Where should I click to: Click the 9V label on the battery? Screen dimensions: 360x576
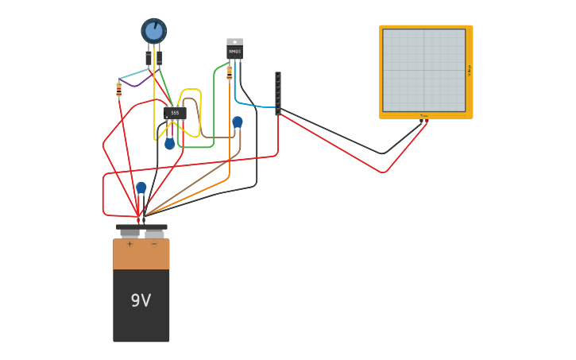(x=141, y=300)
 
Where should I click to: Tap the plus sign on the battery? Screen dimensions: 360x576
(x=130, y=244)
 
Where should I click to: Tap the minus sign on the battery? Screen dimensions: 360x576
(x=154, y=244)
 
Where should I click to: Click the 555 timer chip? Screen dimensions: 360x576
(x=175, y=113)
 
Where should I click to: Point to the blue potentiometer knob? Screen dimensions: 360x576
(x=154, y=31)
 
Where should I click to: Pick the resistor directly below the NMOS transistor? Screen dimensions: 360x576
(x=230, y=72)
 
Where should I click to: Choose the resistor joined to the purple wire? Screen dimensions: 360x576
(x=119, y=89)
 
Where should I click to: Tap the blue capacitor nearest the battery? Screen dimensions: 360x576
(x=141, y=188)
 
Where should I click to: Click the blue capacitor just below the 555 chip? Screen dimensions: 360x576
(x=169, y=144)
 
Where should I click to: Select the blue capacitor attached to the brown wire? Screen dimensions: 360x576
(x=237, y=122)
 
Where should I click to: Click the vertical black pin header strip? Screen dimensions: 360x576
(x=278, y=93)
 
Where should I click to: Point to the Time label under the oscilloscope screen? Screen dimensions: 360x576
(x=423, y=116)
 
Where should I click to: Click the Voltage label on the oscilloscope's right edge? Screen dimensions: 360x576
(x=469, y=70)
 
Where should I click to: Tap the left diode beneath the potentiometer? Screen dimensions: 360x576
(x=149, y=58)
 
